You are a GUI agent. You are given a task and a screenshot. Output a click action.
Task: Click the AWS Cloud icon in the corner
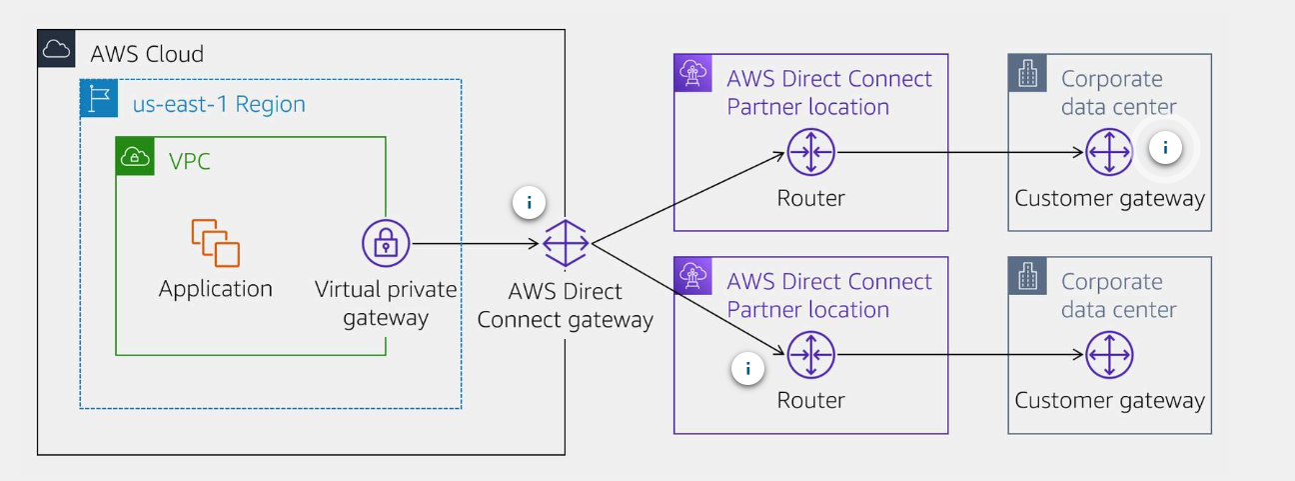click(56, 48)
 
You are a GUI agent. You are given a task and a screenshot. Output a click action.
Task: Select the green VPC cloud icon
click(135, 157)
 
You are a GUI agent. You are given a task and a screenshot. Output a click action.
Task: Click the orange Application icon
click(216, 243)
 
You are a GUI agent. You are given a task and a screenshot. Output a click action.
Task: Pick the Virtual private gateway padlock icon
click(386, 243)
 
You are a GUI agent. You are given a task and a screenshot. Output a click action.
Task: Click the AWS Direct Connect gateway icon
click(566, 243)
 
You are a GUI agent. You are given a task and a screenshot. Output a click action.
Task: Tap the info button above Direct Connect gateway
click(529, 203)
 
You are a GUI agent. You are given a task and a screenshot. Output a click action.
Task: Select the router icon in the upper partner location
click(810, 153)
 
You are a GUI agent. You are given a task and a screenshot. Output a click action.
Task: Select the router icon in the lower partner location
click(810, 355)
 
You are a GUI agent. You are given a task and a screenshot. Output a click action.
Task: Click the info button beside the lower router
click(747, 369)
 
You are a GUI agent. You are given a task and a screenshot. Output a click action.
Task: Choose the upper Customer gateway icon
click(1109, 153)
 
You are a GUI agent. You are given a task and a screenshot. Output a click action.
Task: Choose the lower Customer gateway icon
click(1109, 355)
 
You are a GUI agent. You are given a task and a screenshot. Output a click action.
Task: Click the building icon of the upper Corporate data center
click(1027, 74)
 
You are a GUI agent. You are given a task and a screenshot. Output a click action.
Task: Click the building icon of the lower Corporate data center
click(1027, 277)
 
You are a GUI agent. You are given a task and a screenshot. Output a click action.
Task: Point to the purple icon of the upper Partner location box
click(692, 73)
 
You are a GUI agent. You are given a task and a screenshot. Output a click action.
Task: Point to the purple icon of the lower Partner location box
click(692, 276)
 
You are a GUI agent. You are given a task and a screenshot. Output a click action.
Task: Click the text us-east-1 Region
click(219, 104)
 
